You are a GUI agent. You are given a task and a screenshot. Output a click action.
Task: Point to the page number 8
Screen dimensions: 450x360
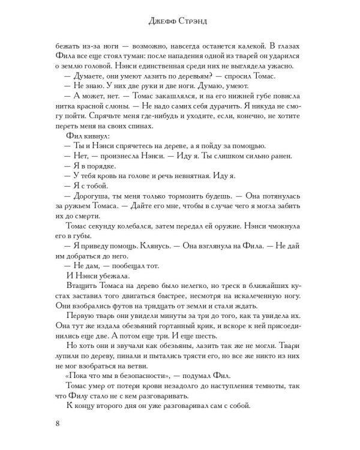tap(58, 426)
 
